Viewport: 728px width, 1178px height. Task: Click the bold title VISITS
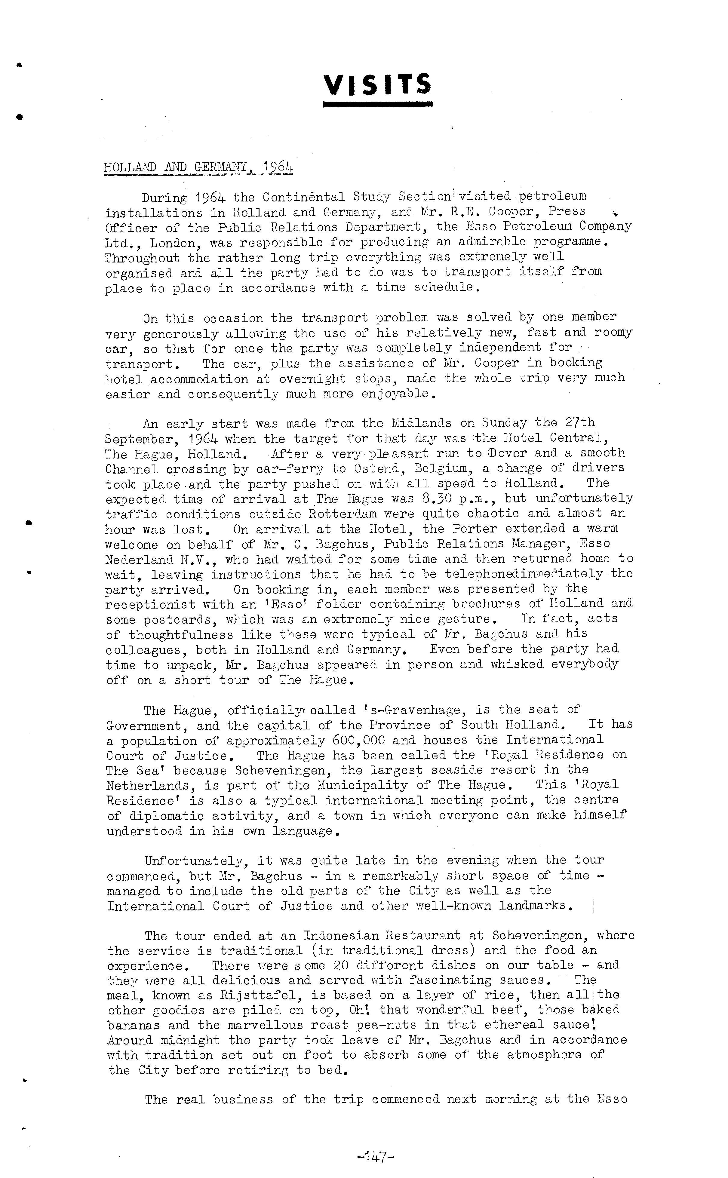click(x=377, y=85)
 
